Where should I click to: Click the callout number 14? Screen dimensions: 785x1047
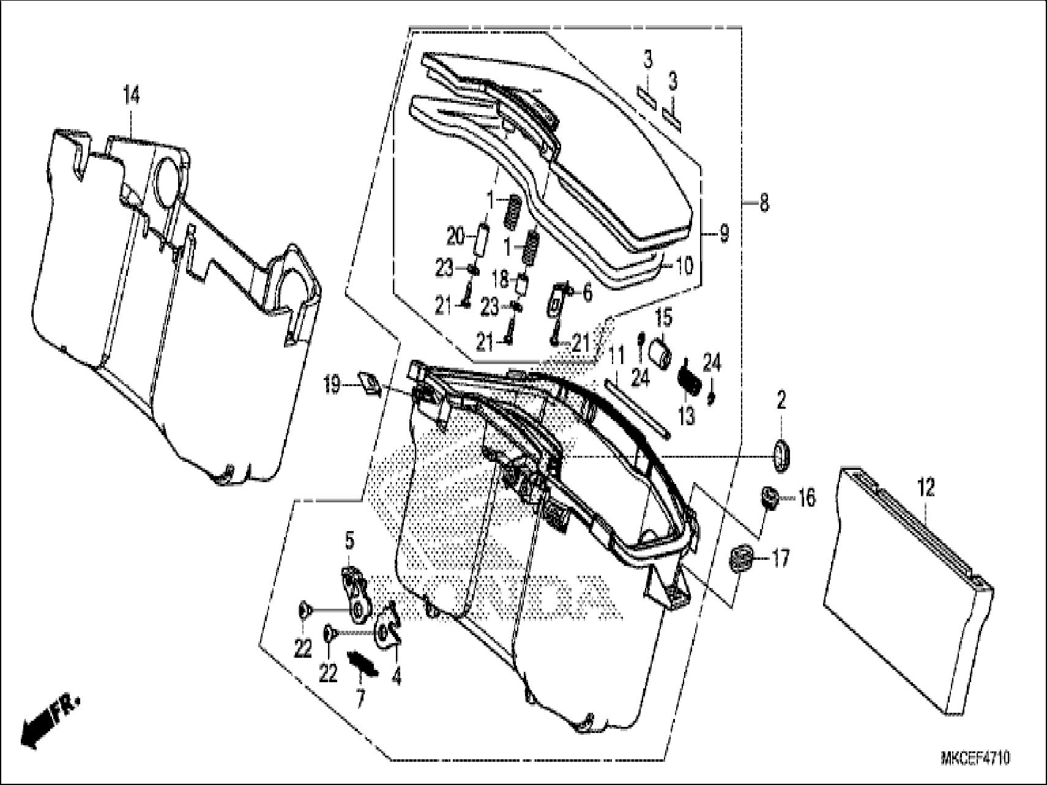pos(131,96)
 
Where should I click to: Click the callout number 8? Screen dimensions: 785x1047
pos(764,203)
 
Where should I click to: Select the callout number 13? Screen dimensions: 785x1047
pos(687,416)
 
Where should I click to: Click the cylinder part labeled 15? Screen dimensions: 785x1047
pos(661,355)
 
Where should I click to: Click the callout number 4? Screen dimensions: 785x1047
pos(396,678)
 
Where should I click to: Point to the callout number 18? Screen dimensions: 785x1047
pos(499,280)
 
